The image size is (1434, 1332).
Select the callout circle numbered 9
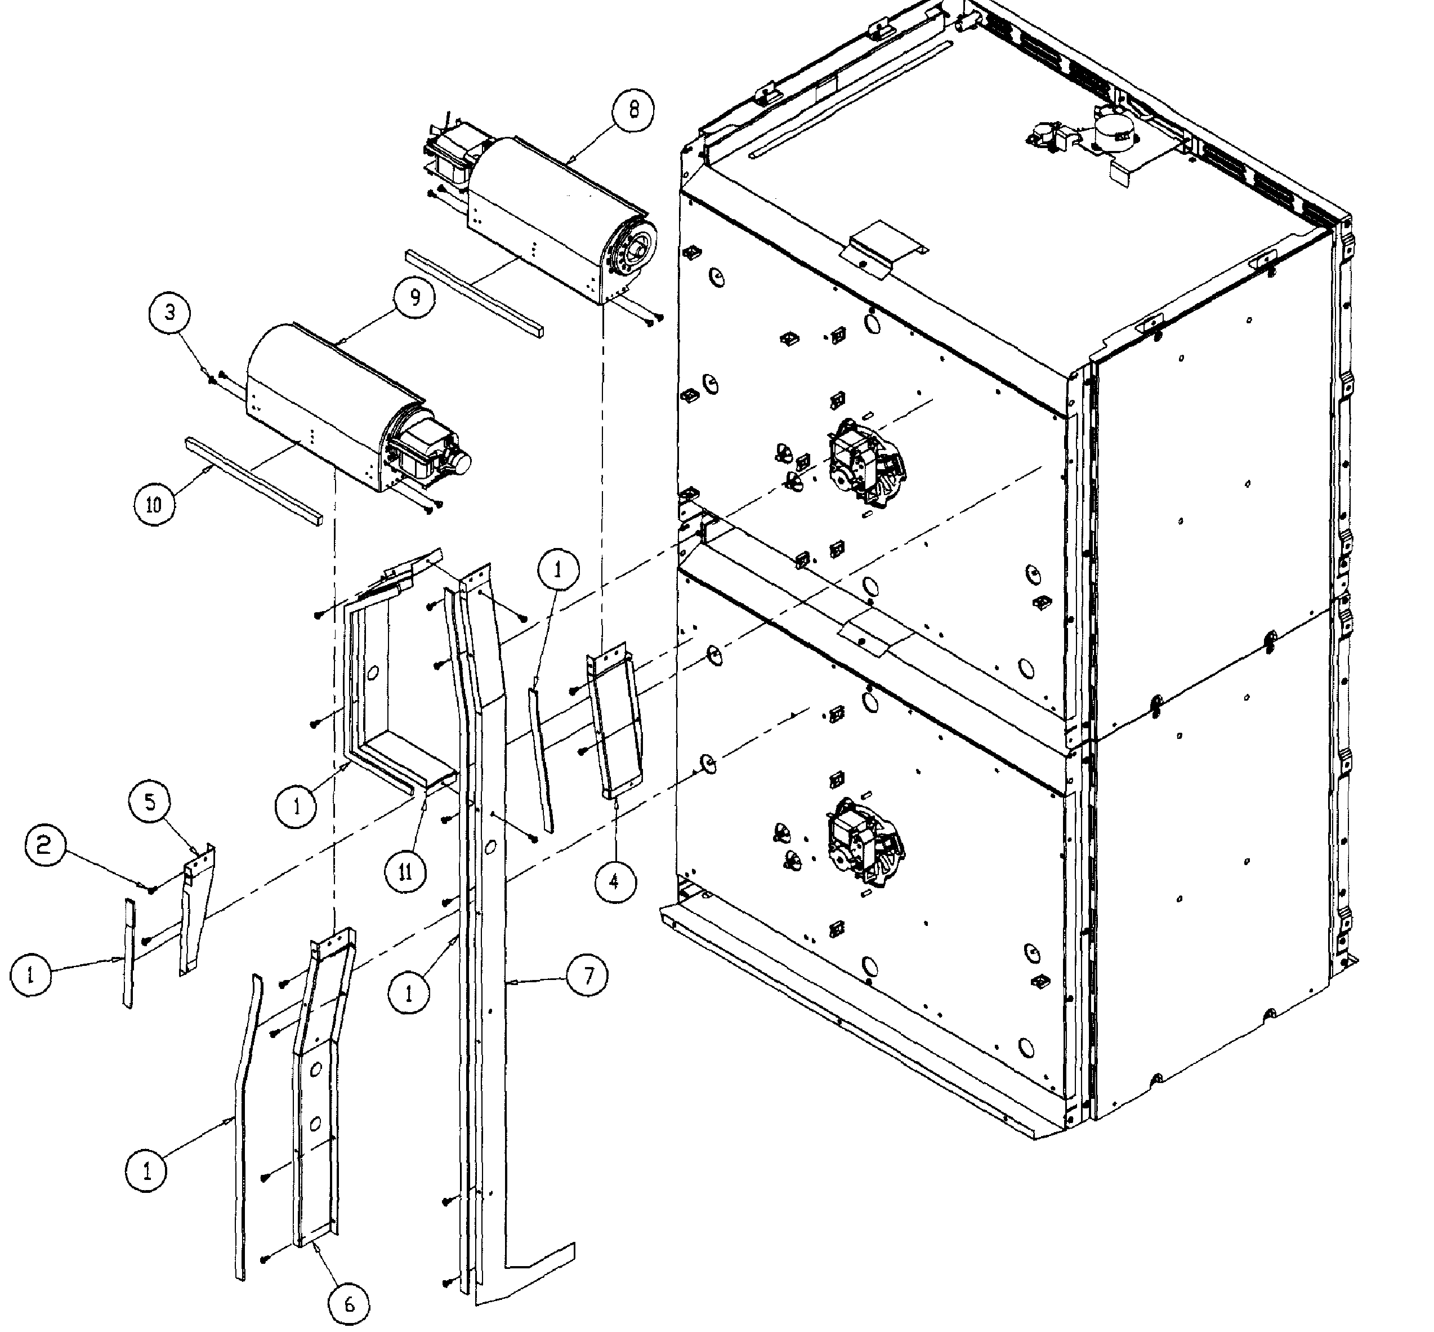414,298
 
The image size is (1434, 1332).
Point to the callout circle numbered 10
154,504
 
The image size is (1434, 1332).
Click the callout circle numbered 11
406,872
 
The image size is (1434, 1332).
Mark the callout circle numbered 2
44,845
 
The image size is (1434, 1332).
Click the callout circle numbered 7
588,977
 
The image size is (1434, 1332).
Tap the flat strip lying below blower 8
474,293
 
